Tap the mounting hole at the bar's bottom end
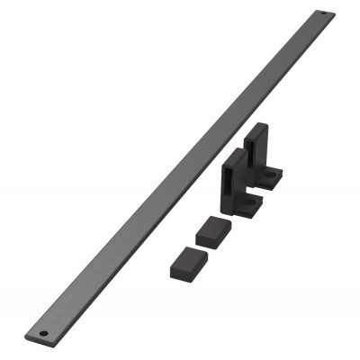(x=43, y=334)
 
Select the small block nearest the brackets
(x=213, y=229)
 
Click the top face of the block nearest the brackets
(x=211, y=223)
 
